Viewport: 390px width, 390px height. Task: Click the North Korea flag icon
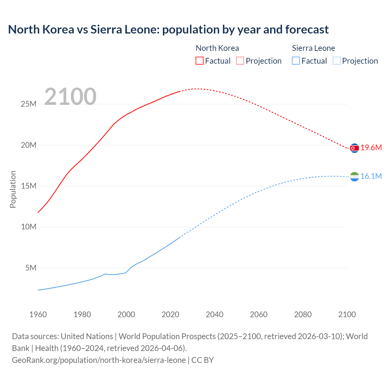coord(354,148)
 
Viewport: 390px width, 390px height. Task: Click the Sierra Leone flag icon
coord(354,176)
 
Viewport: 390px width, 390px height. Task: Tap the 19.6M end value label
coord(371,148)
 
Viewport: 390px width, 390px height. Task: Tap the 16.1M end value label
coord(371,176)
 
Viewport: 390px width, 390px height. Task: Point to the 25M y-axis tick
coord(29,104)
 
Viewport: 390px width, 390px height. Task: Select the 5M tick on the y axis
coord(31,268)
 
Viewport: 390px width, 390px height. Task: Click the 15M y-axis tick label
coord(29,186)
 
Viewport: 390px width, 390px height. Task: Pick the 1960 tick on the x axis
coord(38,314)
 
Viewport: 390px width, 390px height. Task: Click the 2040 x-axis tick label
coord(214,314)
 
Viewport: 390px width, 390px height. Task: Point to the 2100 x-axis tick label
coord(347,314)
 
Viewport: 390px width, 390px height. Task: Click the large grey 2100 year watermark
coord(70,97)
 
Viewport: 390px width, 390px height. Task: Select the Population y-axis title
coord(13,190)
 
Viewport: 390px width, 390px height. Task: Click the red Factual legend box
coord(199,61)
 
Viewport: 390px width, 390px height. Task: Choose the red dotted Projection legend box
coord(240,61)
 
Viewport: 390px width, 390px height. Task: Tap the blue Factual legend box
coord(296,61)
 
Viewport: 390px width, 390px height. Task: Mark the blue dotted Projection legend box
coord(336,61)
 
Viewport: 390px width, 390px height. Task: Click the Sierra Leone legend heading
coord(313,48)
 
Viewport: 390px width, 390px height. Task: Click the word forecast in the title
coord(307,30)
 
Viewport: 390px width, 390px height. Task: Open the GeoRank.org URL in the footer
coord(99,360)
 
